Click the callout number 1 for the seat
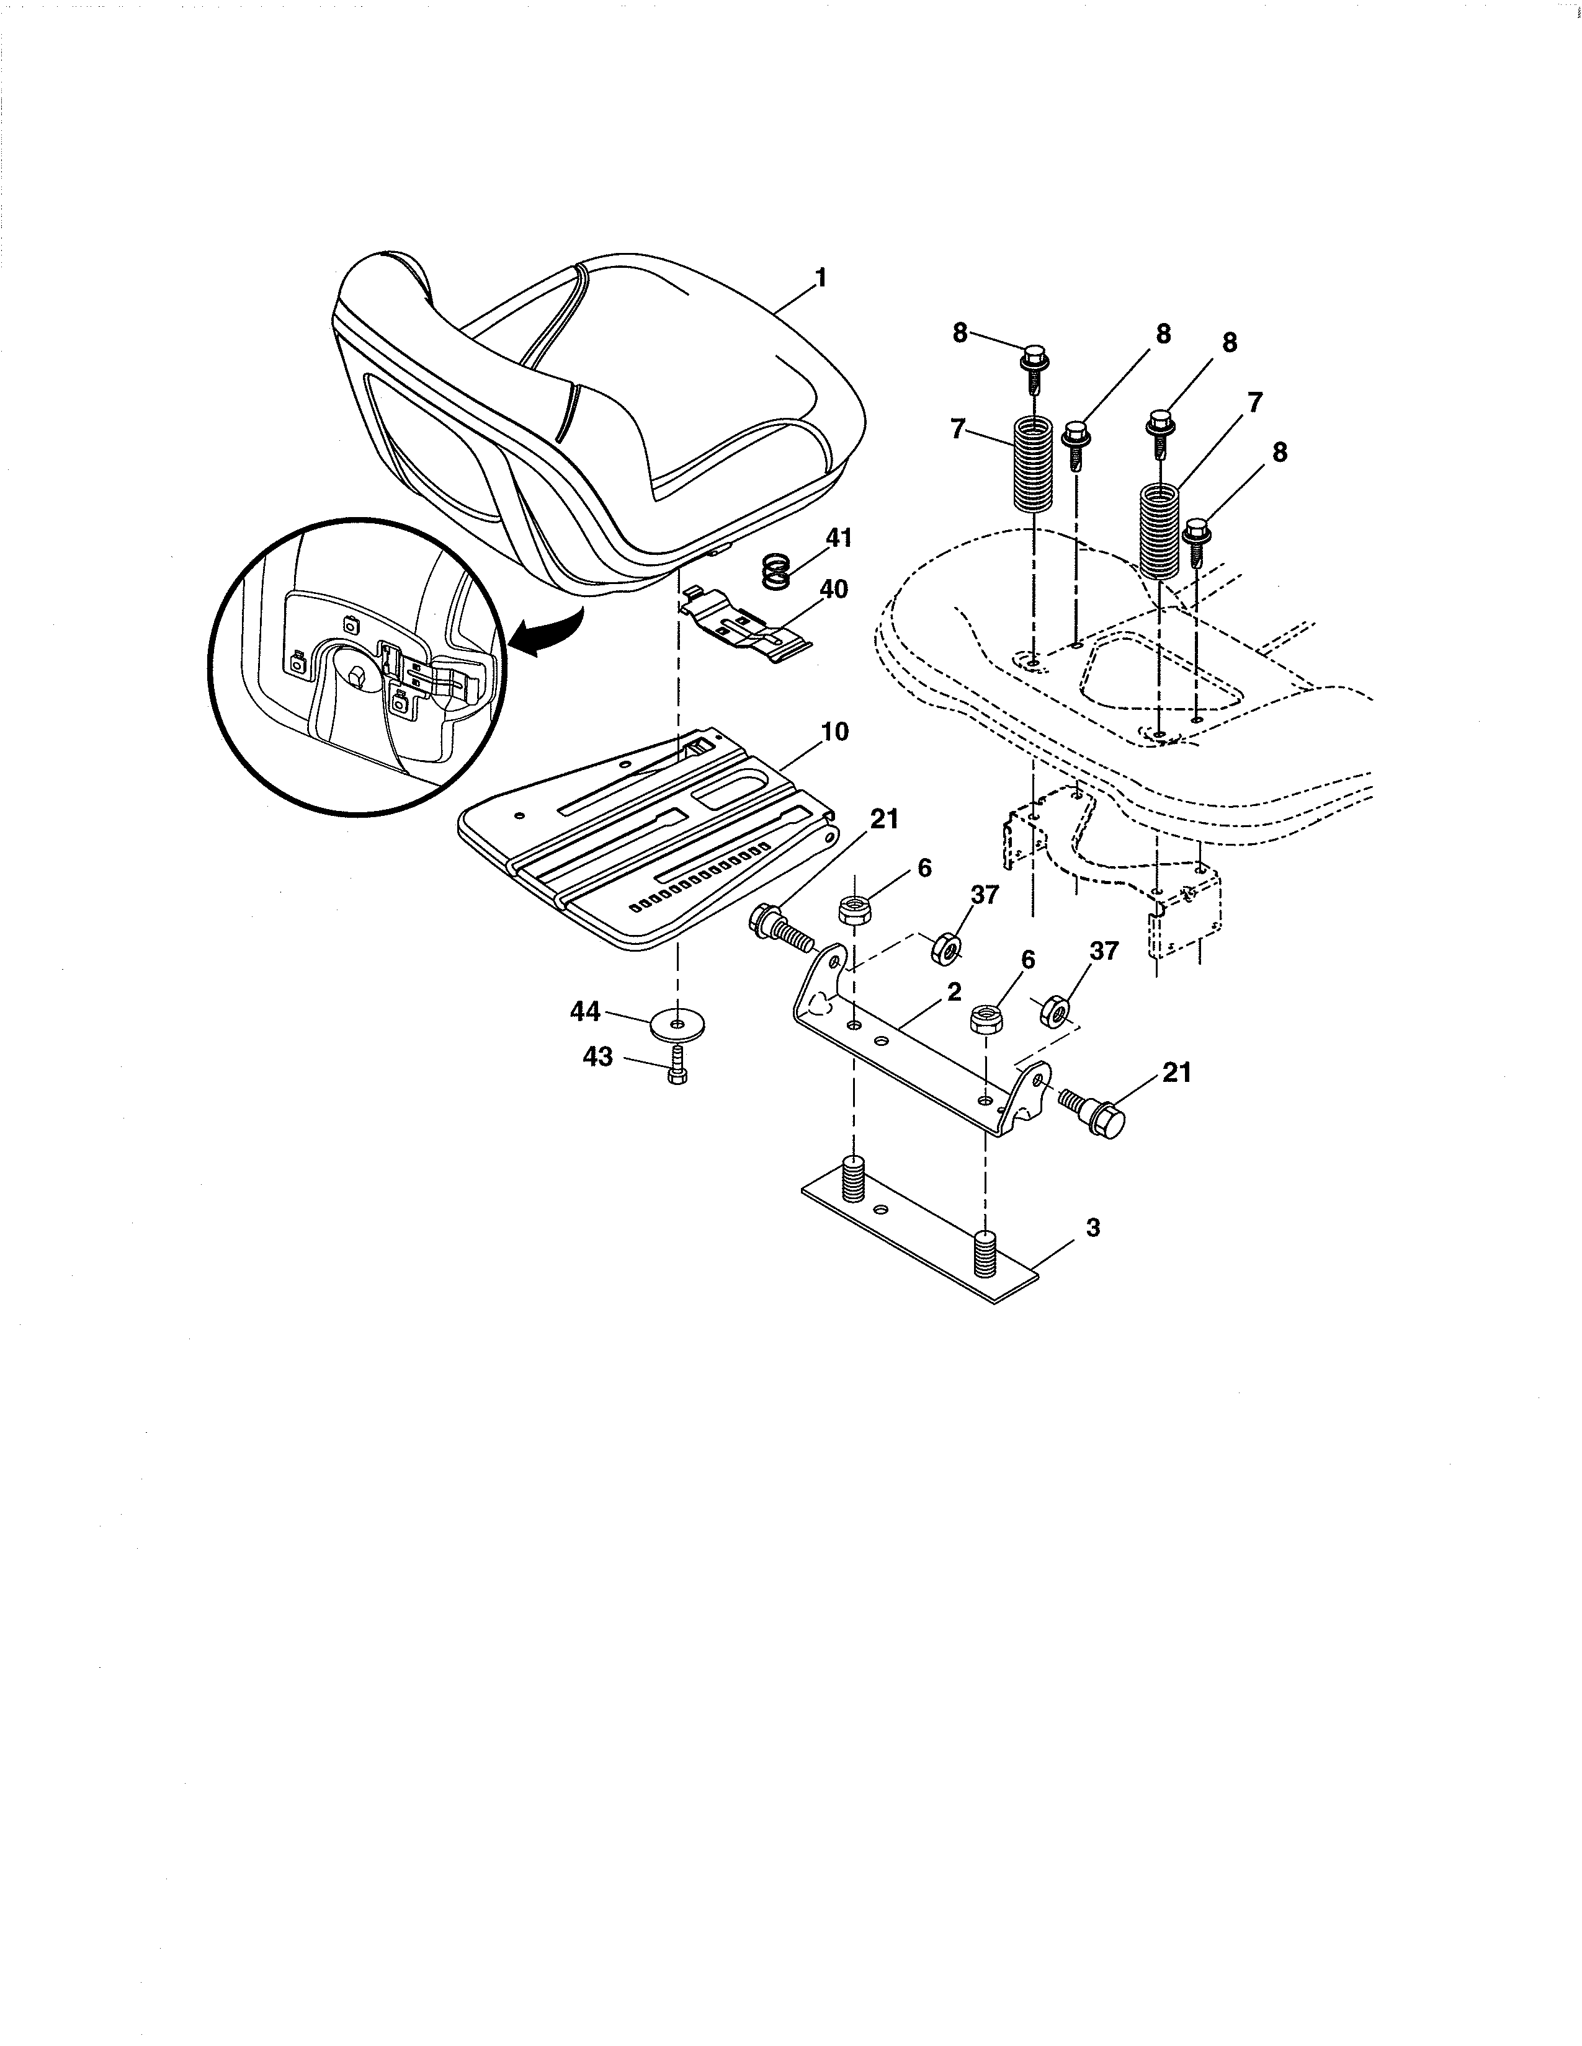click(820, 278)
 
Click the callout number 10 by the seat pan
click(833, 732)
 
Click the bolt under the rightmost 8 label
click(1197, 541)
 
